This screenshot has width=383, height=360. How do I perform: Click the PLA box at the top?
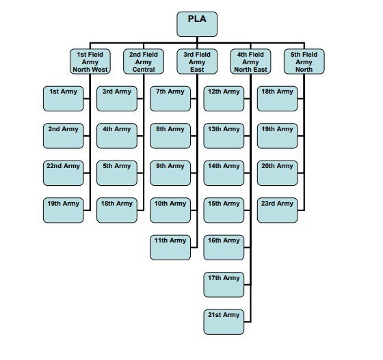coord(197,24)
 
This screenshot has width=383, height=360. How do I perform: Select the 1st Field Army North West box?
coord(90,61)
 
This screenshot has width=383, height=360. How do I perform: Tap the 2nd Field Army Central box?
coord(144,61)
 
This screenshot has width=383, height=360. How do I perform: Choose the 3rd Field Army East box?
coord(197,61)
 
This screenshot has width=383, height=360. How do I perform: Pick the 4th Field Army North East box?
coord(250,61)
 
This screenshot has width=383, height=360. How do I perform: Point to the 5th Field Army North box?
coord(304,61)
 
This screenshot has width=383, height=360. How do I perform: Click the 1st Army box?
coord(63,98)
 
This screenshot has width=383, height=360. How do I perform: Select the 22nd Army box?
coord(63,173)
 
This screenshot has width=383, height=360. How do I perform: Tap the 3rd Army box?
coord(117,98)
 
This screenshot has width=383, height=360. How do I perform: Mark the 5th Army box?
coord(117,173)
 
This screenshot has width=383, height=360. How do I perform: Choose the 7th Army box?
coord(170,98)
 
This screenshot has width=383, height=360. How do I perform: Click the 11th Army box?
coord(170,247)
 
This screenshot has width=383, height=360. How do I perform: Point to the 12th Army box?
coord(224,98)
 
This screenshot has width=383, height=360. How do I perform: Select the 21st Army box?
coord(224,322)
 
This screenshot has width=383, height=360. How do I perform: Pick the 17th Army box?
coord(224,285)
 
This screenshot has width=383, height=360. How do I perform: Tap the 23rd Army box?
coord(277,210)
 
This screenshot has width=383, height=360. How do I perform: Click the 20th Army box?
coord(277,173)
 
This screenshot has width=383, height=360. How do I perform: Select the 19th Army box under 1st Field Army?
coord(63,210)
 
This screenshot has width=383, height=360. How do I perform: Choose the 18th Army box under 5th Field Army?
coord(277,98)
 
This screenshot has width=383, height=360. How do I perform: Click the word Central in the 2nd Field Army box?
coord(144,70)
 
